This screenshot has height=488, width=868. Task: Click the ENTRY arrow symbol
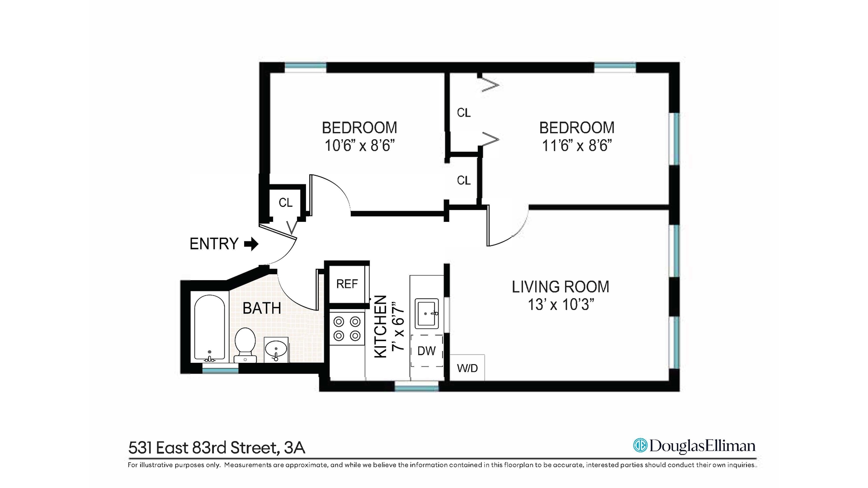pyautogui.click(x=251, y=244)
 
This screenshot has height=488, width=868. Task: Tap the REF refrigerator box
pyautogui.click(x=347, y=284)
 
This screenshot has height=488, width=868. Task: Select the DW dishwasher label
pyautogui.click(x=426, y=351)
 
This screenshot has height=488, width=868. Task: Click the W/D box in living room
pyautogui.click(x=467, y=368)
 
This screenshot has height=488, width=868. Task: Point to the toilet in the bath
pyautogui.click(x=245, y=344)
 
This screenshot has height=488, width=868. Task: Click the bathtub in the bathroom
pyautogui.click(x=209, y=328)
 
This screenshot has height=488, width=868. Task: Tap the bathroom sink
pyautogui.click(x=276, y=349)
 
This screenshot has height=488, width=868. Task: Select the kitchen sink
pyautogui.click(x=427, y=313)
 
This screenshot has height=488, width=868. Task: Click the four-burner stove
pyautogui.click(x=347, y=329)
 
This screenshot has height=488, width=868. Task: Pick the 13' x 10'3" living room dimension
pyautogui.click(x=561, y=305)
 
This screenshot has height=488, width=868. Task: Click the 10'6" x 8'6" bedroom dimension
pyautogui.click(x=359, y=146)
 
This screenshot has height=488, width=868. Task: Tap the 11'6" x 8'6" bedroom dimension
pyautogui.click(x=577, y=146)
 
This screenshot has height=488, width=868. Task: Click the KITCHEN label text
pyautogui.click(x=381, y=327)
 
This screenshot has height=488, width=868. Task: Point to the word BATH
pyautogui.click(x=262, y=309)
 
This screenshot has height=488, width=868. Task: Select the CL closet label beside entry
pyautogui.click(x=286, y=203)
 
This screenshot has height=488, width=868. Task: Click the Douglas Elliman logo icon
pyautogui.click(x=640, y=446)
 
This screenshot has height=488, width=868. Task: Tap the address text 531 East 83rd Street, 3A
pyautogui.click(x=217, y=448)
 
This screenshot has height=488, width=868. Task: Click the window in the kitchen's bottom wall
pyautogui.click(x=416, y=386)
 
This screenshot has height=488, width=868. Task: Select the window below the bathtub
pyautogui.click(x=220, y=370)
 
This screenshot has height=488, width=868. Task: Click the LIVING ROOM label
pyautogui.click(x=561, y=287)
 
